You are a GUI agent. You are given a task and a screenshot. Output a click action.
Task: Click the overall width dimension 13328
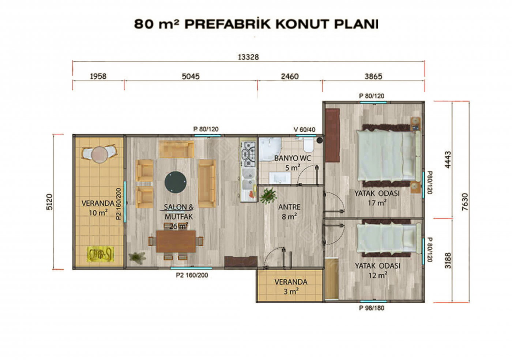pos(248,57)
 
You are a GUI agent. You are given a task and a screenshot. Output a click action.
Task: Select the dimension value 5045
pos(191,76)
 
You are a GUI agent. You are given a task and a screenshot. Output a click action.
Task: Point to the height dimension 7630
pos(465,202)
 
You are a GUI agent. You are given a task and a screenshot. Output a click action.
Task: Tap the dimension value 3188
pos(448,260)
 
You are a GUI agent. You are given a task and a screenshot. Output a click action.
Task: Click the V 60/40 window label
pos(304,130)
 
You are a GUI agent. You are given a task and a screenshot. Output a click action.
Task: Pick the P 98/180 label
pos(372,308)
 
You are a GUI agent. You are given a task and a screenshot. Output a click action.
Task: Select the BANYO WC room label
pos(292,158)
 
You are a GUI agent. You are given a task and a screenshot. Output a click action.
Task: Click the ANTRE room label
pos(289,207)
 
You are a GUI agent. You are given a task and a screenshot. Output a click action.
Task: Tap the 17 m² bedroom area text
pos(377,202)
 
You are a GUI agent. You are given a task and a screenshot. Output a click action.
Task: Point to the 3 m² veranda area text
pos(291,291)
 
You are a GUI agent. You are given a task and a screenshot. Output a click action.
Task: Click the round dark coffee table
pos(176,182)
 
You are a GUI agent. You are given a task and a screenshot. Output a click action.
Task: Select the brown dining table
pos(176,241)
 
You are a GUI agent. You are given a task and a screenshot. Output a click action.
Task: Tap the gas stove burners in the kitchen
pos(248,154)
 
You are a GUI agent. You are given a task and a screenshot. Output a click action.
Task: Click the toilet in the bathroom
pos(308,145)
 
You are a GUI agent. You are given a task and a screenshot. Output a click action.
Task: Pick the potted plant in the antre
pos(268,196)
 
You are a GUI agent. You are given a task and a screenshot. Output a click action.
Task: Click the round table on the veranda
pos(99,155)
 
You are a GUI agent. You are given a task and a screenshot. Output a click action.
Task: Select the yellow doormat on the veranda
pos(100,254)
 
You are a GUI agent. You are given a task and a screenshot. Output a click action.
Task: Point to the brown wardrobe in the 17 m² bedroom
pos(332,135)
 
